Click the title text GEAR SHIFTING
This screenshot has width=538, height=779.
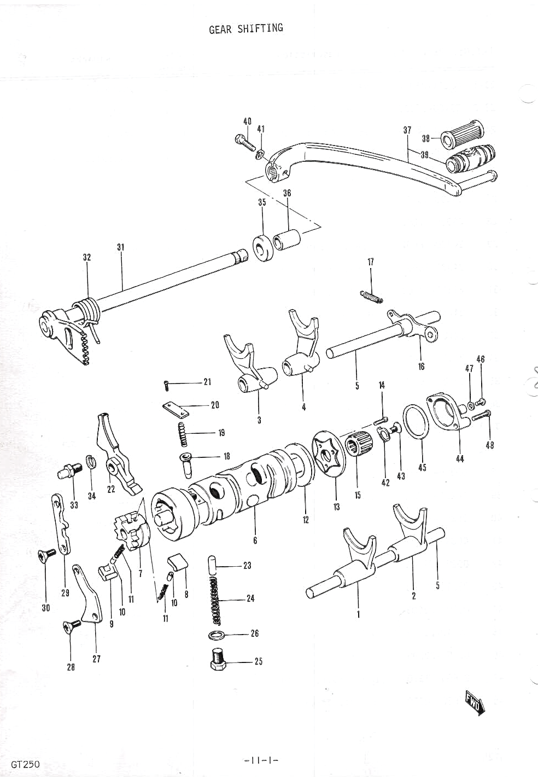246,28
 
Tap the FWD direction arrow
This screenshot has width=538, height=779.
473,702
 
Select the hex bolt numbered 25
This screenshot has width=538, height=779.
218,660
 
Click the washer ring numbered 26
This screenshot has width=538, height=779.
218,635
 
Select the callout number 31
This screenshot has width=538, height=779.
121,247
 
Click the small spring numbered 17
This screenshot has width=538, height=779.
372,295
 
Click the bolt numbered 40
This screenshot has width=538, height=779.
245,141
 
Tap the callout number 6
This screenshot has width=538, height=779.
255,540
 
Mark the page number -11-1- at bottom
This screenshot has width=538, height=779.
260,761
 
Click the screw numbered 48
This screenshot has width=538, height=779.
479,416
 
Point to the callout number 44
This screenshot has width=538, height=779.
460,458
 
